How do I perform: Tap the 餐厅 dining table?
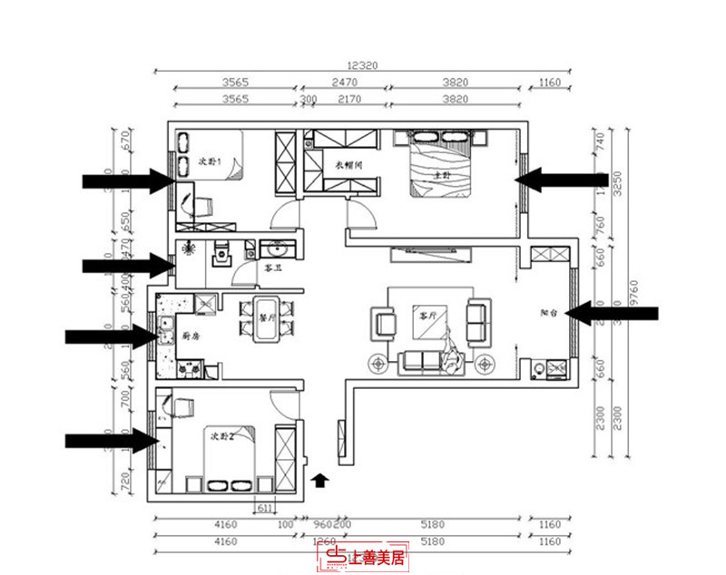[x=267, y=319]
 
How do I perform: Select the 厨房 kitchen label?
[x=191, y=336]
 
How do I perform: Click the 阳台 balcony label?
[x=547, y=312]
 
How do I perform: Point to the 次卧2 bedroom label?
[x=222, y=437]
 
